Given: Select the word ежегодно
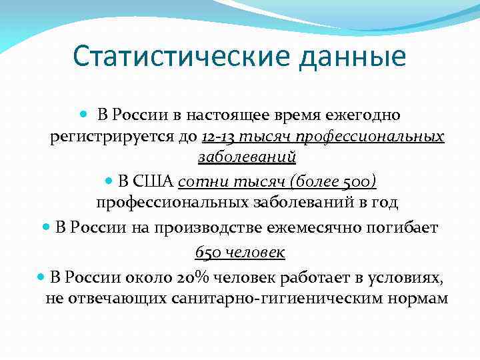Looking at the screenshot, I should click(x=363, y=115).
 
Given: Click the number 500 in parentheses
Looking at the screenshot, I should click(x=359, y=181).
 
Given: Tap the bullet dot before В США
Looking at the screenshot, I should click(x=109, y=181).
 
